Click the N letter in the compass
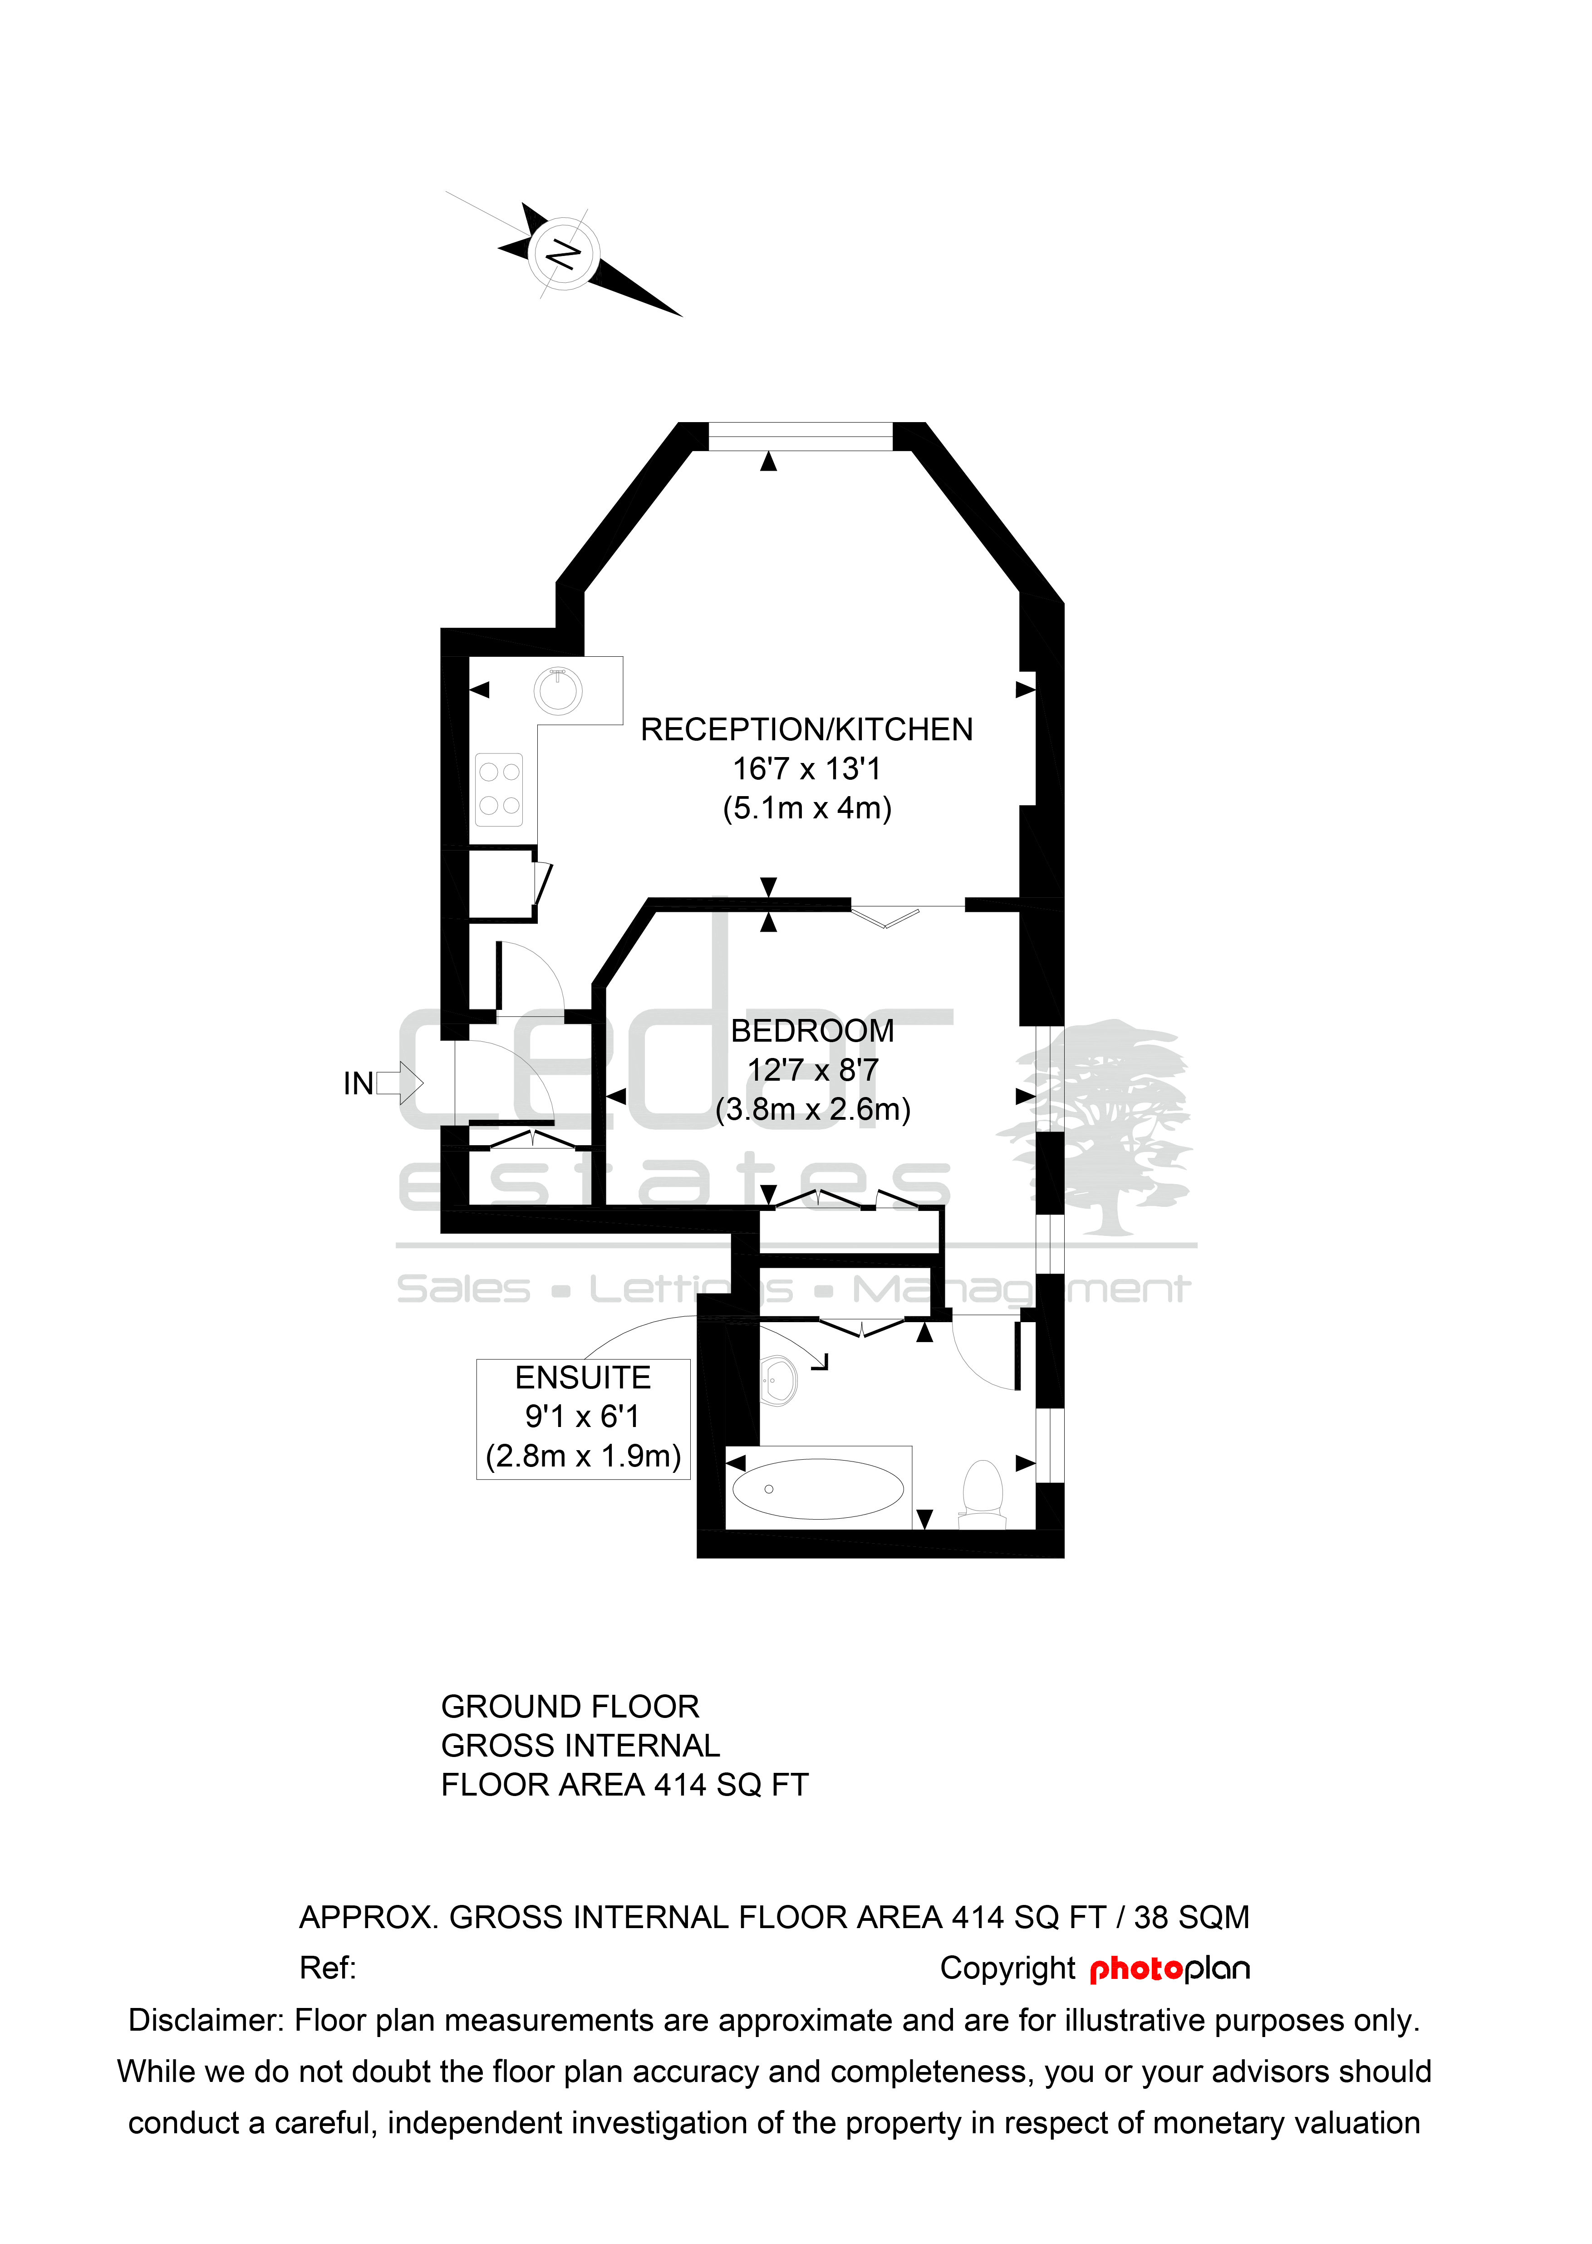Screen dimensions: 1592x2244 pyautogui.click(x=563, y=254)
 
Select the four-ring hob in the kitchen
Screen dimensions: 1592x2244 pyautogui.click(x=499, y=789)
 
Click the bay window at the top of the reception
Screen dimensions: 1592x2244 pyautogui.click(x=801, y=436)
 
